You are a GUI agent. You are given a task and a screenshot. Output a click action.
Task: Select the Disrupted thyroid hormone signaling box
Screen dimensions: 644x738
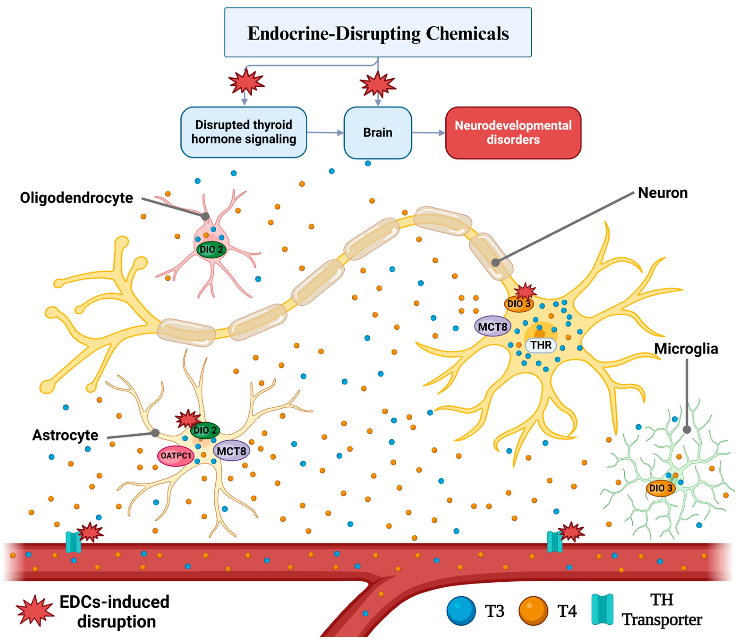(244, 132)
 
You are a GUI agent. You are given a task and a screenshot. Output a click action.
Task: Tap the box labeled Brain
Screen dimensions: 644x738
(378, 133)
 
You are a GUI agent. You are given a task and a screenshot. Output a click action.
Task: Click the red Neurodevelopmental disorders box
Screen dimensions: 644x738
(513, 133)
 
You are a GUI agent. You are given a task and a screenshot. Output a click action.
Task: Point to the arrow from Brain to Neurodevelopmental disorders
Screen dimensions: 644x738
(428, 133)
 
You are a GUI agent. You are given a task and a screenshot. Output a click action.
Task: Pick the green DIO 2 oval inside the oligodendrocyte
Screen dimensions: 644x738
(211, 249)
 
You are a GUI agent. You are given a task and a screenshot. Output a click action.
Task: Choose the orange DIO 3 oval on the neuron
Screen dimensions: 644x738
(518, 304)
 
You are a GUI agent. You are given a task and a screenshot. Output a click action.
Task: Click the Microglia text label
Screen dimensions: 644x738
(686, 349)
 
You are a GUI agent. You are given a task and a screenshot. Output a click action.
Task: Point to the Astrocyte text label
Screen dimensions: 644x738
(65, 435)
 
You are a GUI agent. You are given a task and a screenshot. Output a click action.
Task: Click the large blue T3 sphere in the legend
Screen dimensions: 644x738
(461, 611)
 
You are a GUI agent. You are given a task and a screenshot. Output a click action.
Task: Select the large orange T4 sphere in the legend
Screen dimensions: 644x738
(533, 611)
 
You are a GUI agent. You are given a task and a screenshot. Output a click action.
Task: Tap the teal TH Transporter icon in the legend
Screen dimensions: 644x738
(602, 610)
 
